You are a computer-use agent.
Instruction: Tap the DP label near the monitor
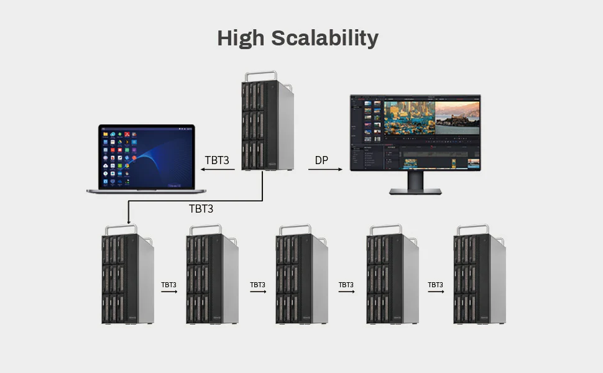click(321, 160)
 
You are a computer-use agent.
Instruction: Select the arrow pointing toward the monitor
click(325, 169)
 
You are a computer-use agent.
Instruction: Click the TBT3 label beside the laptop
click(217, 160)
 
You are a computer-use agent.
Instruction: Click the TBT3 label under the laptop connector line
click(201, 209)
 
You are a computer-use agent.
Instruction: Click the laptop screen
click(147, 156)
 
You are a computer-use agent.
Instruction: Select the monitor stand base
click(415, 191)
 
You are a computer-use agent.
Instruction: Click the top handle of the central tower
click(260, 76)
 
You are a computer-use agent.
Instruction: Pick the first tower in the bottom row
click(127, 277)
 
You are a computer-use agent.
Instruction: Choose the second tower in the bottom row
click(212, 277)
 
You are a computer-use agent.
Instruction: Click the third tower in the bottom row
click(301, 277)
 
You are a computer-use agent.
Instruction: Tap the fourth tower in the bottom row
click(392, 277)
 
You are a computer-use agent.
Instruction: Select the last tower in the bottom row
click(479, 277)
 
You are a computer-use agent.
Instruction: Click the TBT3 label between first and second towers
click(169, 285)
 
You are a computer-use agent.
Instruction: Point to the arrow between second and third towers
click(258, 292)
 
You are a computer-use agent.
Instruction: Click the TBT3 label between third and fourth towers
click(346, 285)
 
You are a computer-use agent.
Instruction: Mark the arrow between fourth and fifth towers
click(435, 292)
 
